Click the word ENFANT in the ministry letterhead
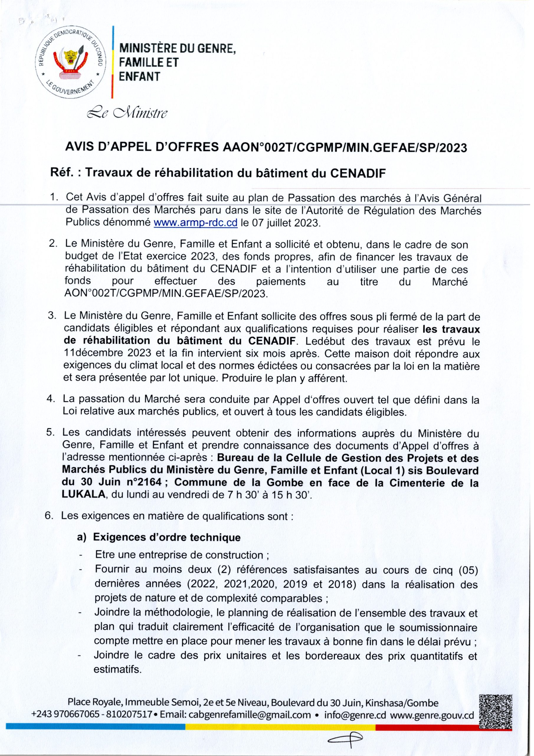pyautogui.click(x=140, y=76)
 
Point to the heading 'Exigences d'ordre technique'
pyautogui.click(x=167, y=537)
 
